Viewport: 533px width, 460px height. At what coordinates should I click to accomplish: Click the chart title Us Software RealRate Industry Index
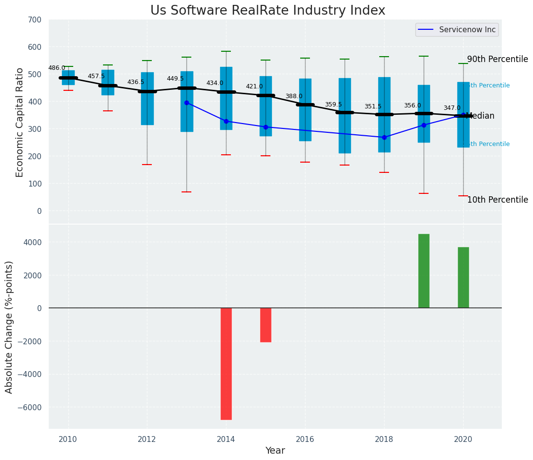tap(267, 11)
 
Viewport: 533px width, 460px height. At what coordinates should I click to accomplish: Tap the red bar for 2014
tap(226, 363)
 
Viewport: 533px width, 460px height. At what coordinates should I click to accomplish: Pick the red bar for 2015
tap(266, 325)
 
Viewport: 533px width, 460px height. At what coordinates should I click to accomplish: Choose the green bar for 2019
tap(424, 271)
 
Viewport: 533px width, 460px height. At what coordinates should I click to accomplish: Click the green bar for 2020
tap(463, 277)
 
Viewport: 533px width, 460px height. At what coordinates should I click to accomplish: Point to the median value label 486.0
tap(57, 68)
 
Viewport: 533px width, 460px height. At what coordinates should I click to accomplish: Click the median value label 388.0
tap(294, 96)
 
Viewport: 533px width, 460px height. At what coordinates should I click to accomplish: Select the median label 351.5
tap(373, 106)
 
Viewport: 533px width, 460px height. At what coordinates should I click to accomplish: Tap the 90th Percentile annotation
tap(497, 59)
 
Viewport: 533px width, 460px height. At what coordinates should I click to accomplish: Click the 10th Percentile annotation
tap(497, 200)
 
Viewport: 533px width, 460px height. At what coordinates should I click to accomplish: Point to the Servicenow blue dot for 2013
tap(186, 103)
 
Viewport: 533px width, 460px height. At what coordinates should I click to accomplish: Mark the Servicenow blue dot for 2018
tap(384, 137)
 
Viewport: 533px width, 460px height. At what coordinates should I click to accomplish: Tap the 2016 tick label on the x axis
tap(305, 439)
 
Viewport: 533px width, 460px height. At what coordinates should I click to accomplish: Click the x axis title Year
tap(275, 451)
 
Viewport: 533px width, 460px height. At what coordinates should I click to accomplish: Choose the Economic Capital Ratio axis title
tap(20, 122)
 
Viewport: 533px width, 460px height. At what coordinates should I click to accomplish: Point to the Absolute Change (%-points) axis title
tap(9, 327)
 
